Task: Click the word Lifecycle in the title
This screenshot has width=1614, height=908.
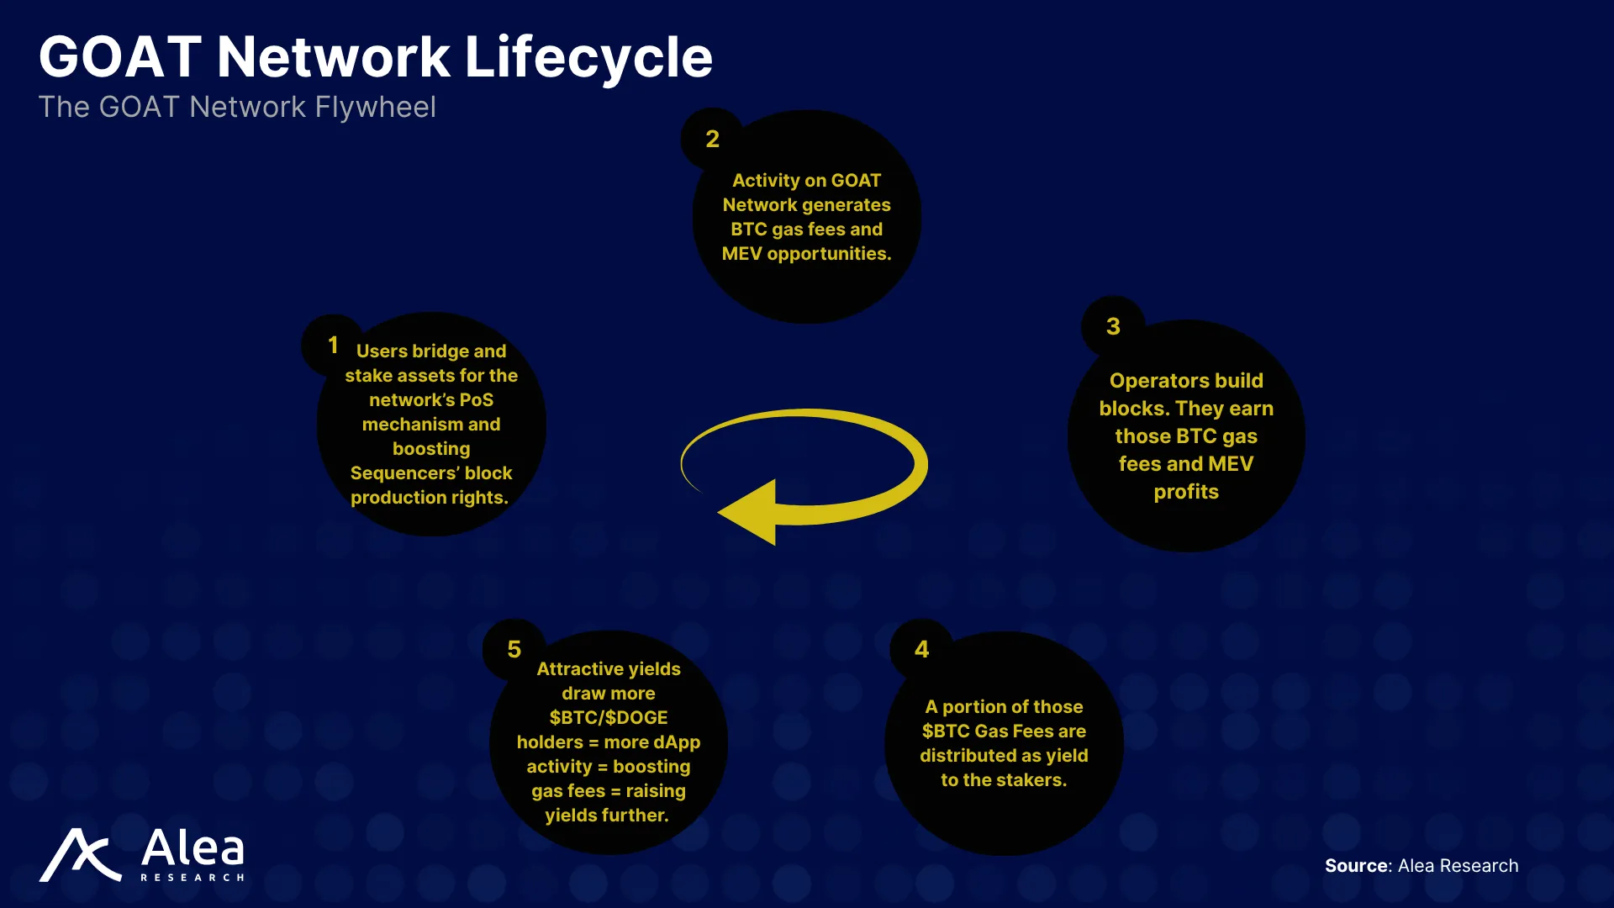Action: coord(588,59)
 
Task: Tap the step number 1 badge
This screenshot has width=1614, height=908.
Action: coord(333,345)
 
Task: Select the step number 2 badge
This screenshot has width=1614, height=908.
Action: coord(712,139)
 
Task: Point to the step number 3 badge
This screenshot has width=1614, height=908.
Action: coord(1113,326)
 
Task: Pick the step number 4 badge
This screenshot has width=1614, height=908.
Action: coord(922,649)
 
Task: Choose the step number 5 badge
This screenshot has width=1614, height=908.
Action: coord(514,649)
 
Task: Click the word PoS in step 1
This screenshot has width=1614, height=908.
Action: coord(477,400)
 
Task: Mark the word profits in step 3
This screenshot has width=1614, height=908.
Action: coord(1186,492)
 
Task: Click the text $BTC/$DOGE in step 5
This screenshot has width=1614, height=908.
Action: coord(609,718)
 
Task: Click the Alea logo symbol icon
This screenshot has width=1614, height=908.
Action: coord(81,855)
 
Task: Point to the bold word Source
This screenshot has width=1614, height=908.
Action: coord(1357,866)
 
